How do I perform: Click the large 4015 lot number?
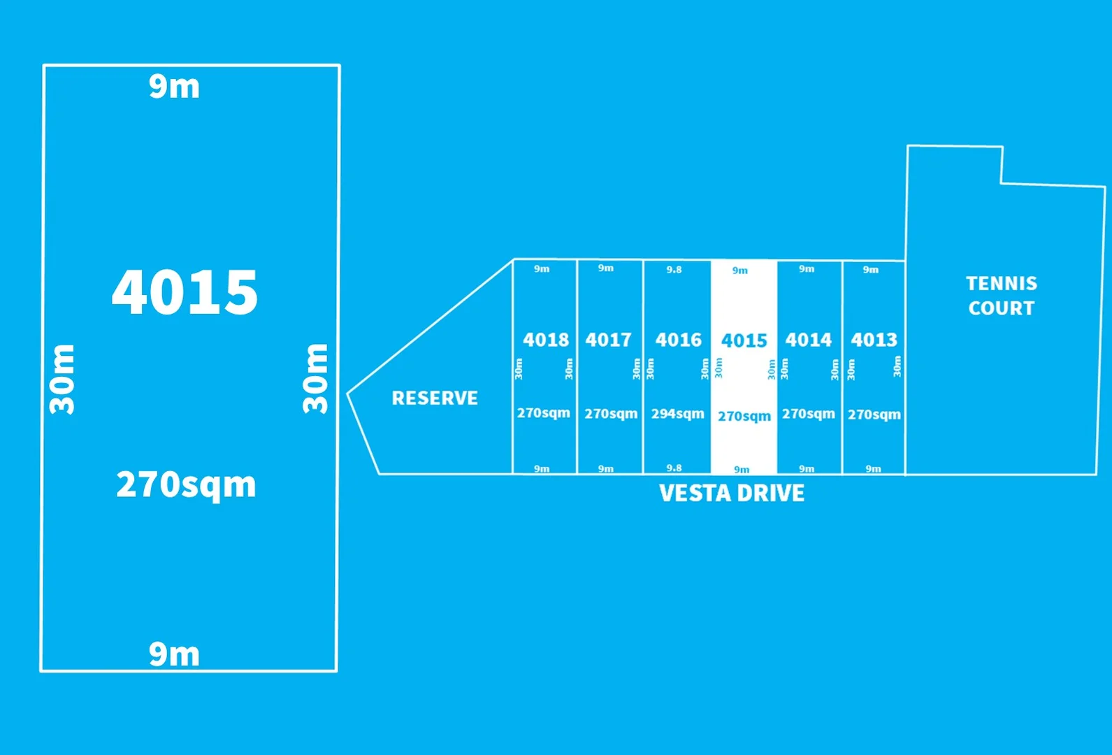click(185, 292)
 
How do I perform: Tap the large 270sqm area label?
click(186, 485)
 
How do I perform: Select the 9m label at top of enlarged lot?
click(174, 87)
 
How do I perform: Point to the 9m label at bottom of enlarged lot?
click(174, 654)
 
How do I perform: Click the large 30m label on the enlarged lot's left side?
click(62, 379)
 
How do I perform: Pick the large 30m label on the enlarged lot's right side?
click(315, 378)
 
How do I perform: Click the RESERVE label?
click(435, 398)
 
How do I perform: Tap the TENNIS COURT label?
click(1002, 296)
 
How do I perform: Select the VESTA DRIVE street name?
click(732, 493)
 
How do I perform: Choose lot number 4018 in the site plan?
click(546, 340)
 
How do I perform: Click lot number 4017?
click(608, 340)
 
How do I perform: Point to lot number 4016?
click(678, 340)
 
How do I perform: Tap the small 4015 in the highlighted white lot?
click(744, 341)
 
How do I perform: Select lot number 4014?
click(808, 340)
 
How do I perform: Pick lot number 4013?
click(874, 340)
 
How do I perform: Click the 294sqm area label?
click(678, 414)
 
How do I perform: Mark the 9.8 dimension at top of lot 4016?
click(674, 270)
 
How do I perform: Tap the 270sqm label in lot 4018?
click(544, 413)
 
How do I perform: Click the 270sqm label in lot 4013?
click(874, 415)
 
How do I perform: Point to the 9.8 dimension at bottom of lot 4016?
click(674, 468)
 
